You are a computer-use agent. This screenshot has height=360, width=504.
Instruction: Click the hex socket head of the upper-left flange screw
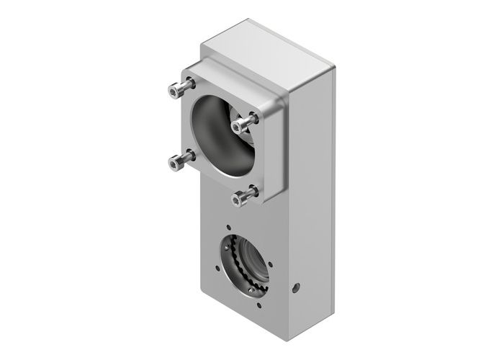173,90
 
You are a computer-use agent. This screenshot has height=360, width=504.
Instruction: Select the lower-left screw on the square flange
173,163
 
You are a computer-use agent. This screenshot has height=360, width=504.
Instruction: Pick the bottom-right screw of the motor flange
239,196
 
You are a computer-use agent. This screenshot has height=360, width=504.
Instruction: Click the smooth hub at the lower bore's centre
252,264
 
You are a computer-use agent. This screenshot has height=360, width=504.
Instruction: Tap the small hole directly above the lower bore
230,225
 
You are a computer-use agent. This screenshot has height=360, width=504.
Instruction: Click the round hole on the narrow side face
295,289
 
